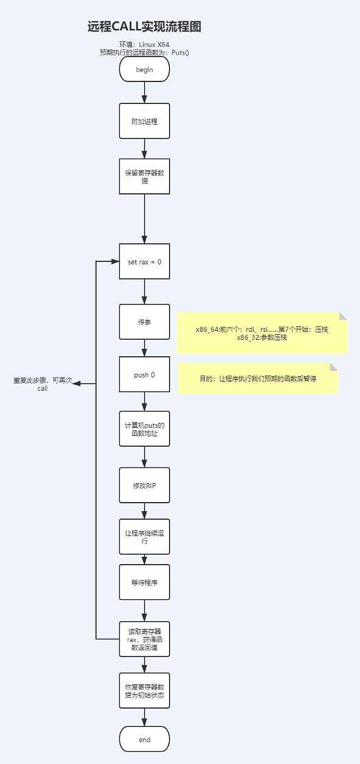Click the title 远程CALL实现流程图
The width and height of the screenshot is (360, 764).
point(144,26)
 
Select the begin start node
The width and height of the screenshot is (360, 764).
point(144,69)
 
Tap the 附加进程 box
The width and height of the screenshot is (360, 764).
point(144,121)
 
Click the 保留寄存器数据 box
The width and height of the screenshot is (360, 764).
point(144,176)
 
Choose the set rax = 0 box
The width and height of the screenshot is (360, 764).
point(144,261)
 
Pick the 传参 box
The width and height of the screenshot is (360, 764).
point(144,322)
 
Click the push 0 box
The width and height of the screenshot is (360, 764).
point(144,374)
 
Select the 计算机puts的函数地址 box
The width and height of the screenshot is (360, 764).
point(144,428)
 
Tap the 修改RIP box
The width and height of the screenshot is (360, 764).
point(144,485)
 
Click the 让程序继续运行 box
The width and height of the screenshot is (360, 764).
point(144,537)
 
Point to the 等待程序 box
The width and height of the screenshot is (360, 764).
point(144,582)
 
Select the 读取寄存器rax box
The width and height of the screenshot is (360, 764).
point(144,639)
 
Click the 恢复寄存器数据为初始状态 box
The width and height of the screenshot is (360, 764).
point(144,690)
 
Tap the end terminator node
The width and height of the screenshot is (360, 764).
point(144,739)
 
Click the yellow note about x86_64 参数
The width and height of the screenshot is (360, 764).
point(261,333)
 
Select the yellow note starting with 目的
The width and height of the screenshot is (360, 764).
point(258,379)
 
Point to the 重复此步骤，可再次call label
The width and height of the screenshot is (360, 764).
point(43,384)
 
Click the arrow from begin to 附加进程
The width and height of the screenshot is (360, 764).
point(144,92)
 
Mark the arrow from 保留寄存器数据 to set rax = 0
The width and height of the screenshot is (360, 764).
point(144,219)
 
